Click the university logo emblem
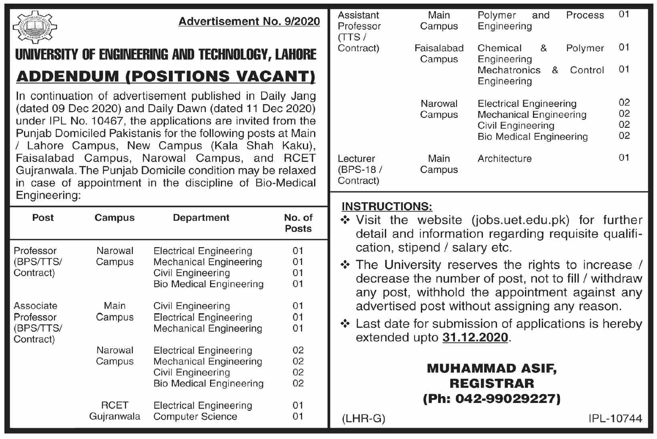point(35,27)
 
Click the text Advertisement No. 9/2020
point(249,22)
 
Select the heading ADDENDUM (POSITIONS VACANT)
point(166,76)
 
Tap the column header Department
point(201,218)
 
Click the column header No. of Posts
point(298,223)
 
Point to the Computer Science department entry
point(195,417)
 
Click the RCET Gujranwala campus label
point(114,411)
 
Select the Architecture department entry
point(505,159)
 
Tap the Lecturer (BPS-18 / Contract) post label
point(359,169)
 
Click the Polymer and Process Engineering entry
point(540,21)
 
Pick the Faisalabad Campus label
point(439,54)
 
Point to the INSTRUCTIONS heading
point(387,207)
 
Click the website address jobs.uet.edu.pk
point(521,220)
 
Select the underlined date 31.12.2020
point(475,338)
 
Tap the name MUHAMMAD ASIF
point(491,369)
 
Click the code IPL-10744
point(615,419)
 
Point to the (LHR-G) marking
point(363,419)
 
